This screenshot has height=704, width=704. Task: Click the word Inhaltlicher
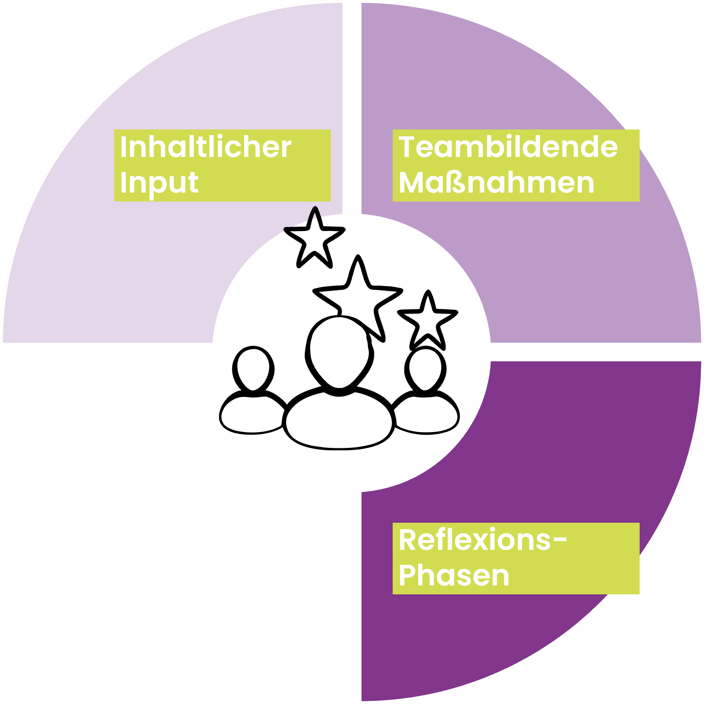(x=206, y=147)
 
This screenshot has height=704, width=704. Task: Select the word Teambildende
(x=508, y=147)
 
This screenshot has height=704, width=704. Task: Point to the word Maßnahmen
(x=496, y=183)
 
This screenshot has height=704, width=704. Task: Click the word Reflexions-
(x=483, y=540)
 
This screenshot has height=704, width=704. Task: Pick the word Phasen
(x=454, y=575)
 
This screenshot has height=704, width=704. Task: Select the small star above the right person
(x=428, y=320)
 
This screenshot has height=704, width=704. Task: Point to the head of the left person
(x=253, y=368)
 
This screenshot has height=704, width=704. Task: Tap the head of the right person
(x=425, y=368)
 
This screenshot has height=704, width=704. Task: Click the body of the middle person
(x=339, y=419)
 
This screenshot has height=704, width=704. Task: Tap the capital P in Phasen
(x=408, y=575)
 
